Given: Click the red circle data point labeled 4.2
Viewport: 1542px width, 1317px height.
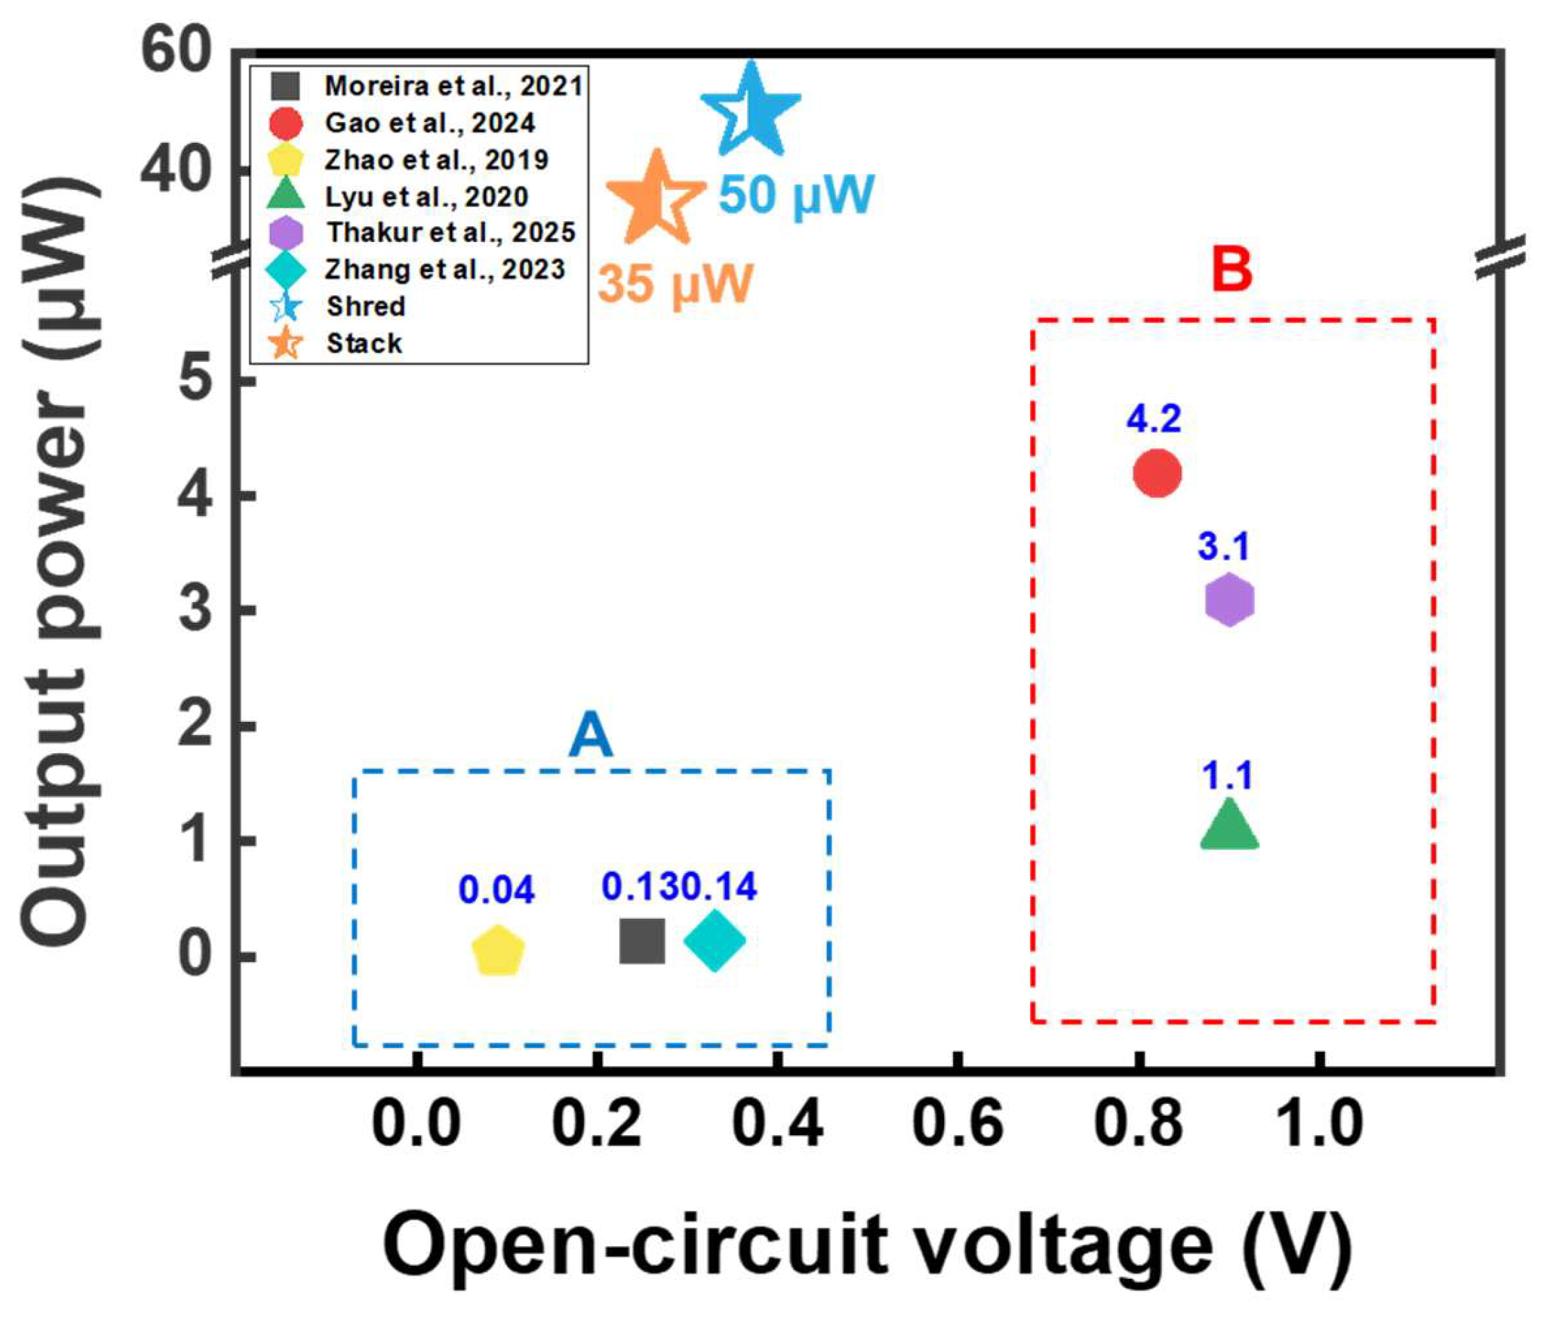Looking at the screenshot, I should point(1156,473).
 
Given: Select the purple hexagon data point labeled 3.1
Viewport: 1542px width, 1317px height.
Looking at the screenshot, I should point(1228,600).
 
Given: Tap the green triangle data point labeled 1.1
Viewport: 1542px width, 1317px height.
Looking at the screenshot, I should point(1228,827).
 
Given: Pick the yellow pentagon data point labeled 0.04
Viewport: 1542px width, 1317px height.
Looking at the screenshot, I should point(498,952).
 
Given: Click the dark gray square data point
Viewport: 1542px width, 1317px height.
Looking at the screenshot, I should point(642,940).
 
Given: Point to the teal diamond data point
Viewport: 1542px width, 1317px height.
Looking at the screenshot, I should point(714,940).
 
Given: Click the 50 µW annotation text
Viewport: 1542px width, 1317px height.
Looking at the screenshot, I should point(796,195).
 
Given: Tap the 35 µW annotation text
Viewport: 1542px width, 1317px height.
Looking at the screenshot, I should point(676,284).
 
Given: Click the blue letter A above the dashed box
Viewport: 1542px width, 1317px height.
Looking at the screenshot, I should point(591,735).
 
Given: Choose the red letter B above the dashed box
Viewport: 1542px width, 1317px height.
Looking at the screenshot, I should point(1232,269).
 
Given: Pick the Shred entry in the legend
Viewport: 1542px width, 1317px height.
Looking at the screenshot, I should point(366,307).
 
